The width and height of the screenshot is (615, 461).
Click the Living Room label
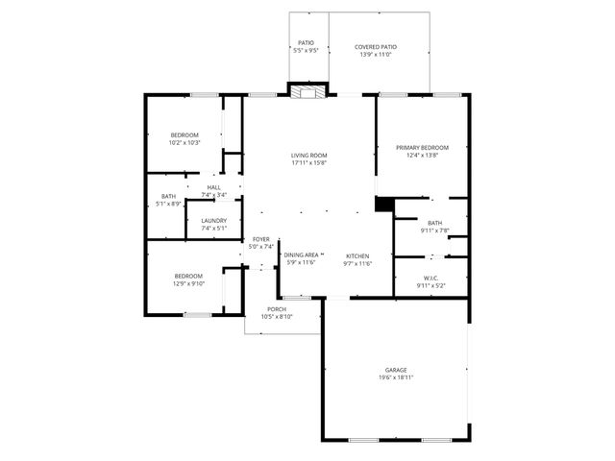click(309, 156)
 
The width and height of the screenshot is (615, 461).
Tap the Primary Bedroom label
click(422, 147)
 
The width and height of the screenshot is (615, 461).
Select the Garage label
click(396, 370)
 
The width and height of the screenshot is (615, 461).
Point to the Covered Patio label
click(376, 46)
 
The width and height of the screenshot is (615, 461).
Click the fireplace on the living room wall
click(308, 92)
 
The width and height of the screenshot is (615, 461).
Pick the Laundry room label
click(213, 221)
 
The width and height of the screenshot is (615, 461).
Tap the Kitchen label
click(358, 255)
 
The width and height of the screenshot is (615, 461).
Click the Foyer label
click(261, 239)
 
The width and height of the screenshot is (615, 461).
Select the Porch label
click(277, 309)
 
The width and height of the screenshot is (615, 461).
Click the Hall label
click(213, 187)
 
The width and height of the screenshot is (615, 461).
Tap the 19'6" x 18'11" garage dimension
click(396, 377)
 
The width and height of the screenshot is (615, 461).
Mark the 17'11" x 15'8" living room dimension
click(309, 162)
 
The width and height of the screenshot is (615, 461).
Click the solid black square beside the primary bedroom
click(384, 205)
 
